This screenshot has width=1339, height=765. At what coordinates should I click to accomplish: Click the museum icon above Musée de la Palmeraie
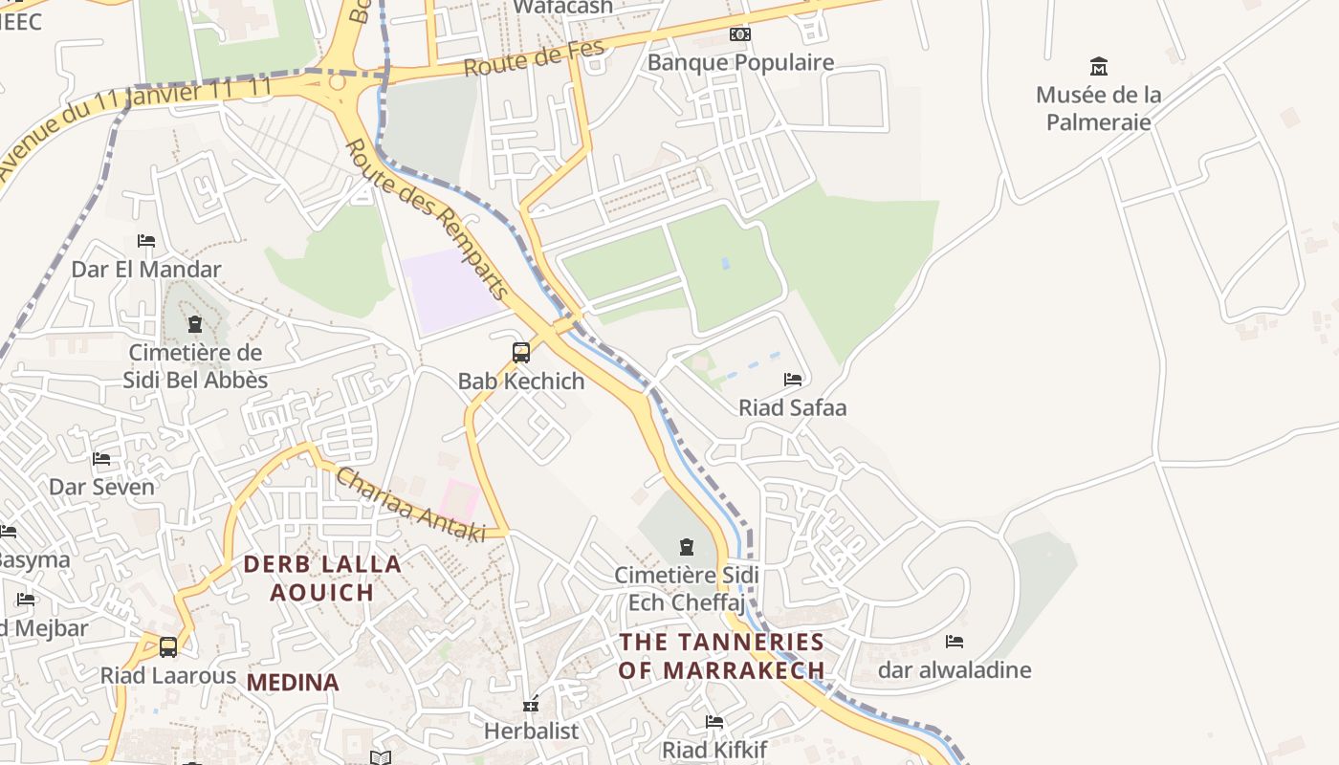[1098, 67]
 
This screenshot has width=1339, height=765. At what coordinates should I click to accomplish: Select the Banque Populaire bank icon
[739, 34]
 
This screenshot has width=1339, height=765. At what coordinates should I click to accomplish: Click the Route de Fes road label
[535, 58]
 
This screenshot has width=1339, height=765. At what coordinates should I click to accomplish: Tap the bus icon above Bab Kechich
[521, 353]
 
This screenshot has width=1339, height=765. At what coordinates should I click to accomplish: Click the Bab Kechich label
[521, 382]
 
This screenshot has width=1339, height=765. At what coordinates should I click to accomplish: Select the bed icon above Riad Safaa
[792, 380]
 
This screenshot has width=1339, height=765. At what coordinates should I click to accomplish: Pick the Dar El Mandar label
[146, 270]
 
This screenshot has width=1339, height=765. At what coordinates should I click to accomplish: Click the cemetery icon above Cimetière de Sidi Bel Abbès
[195, 324]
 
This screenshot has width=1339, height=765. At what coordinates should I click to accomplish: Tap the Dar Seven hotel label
[101, 488]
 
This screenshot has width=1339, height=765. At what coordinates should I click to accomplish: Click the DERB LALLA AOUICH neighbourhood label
[322, 578]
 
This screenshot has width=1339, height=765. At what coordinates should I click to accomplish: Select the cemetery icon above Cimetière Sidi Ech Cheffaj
[686, 547]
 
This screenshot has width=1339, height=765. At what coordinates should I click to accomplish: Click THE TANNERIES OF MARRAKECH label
[721, 656]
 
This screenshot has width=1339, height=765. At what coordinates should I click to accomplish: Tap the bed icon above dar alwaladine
[954, 642]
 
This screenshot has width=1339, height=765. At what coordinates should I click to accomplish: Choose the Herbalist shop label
[531, 732]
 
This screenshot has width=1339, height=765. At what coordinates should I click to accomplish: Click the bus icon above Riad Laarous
[168, 647]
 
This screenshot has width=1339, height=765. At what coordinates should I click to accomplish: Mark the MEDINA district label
[293, 683]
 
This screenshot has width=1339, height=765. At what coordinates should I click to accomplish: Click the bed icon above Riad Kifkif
[714, 722]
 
